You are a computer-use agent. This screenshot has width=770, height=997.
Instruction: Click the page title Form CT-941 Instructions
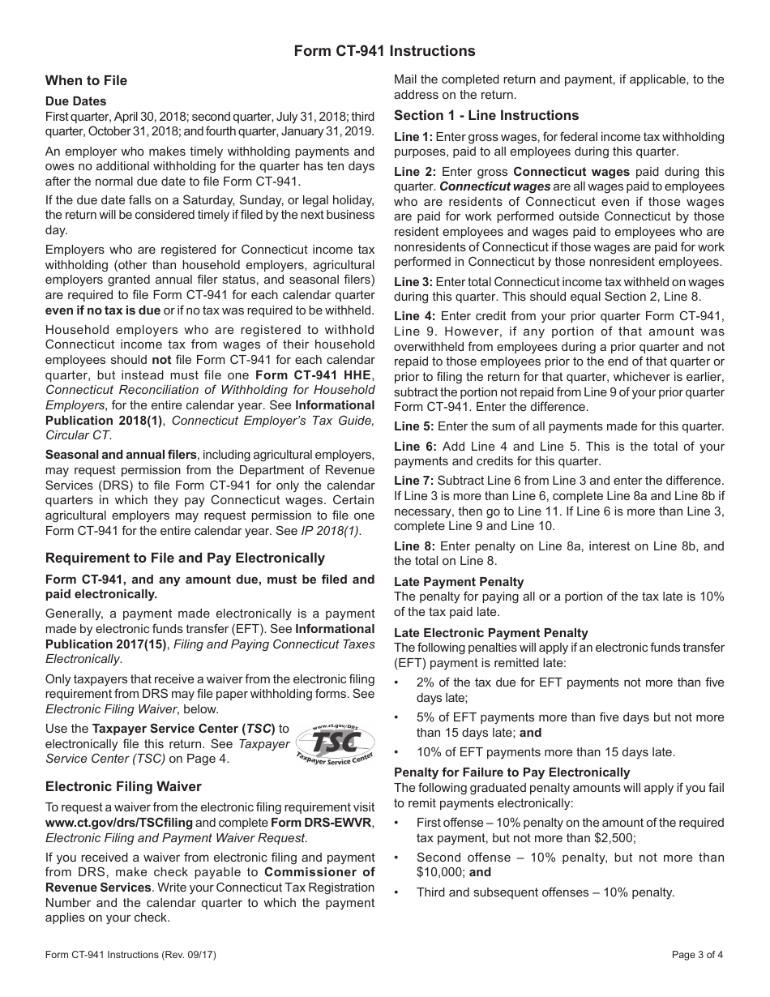point(384,51)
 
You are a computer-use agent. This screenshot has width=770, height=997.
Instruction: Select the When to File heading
point(86,80)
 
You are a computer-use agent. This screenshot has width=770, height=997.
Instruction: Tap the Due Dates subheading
point(75,101)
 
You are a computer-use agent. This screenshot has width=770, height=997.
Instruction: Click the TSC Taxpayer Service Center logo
point(334,742)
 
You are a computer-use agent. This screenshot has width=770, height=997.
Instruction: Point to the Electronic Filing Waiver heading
point(123,786)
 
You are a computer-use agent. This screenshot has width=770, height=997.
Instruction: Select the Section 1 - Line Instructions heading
point(486,115)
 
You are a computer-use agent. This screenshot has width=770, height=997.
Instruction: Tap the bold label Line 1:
point(413,137)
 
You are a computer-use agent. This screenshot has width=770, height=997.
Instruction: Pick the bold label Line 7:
point(413,481)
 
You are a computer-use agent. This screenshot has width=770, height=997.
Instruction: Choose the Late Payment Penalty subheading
point(459,582)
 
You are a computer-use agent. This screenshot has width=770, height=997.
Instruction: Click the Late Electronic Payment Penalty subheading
point(491,633)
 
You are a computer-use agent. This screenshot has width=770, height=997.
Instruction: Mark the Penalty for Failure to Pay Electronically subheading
point(511,772)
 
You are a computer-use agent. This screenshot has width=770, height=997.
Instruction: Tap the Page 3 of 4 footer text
point(698,955)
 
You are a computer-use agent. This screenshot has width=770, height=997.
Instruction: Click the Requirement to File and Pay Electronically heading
point(185,558)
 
